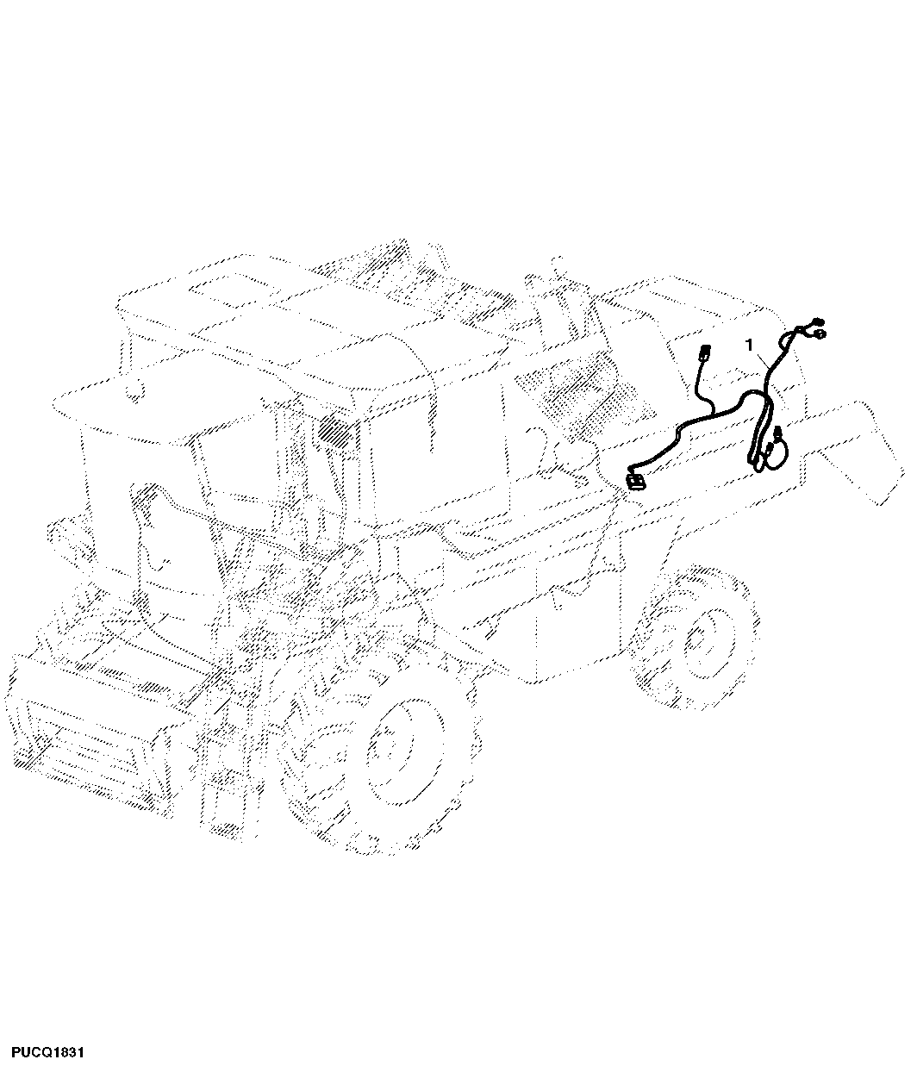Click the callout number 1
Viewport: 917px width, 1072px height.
pyautogui.click(x=748, y=345)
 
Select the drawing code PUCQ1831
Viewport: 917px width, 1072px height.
pyautogui.click(x=47, y=1052)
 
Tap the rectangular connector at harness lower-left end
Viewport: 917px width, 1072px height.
pyautogui.click(x=635, y=481)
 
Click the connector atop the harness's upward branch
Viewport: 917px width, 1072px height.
pyautogui.click(x=704, y=352)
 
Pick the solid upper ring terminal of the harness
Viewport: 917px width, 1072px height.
pyautogui.click(x=817, y=321)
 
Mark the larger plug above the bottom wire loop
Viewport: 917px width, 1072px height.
pyautogui.click(x=777, y=432)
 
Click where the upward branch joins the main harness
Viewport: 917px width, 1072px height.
pyautogui.click(x=712, y=414)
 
